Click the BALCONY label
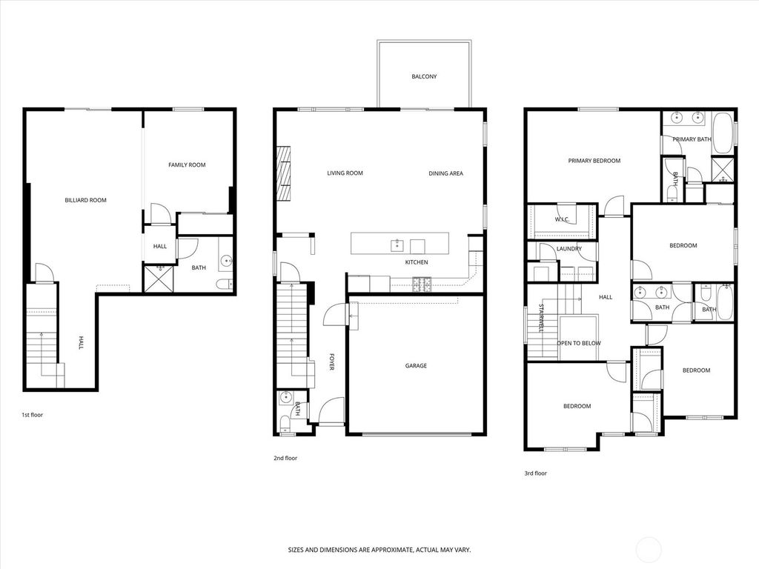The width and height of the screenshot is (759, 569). (424, 76)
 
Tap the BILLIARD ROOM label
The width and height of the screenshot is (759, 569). (85, 200)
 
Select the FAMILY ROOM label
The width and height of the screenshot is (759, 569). (187, 164)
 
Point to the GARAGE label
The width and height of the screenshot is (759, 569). (416, 365)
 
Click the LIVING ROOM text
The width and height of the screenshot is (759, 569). (345, 173)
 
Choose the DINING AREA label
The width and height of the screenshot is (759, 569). (445, 173)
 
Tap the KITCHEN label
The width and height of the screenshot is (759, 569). (416, 262)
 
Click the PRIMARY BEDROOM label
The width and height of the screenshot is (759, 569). (594, 161)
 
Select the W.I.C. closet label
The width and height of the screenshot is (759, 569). (562, 219)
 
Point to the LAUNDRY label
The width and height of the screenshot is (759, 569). (569, 249)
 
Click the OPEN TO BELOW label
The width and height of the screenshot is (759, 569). (579, 343)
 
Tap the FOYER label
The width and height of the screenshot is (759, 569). (331, 362)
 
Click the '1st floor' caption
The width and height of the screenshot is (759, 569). (32, 415)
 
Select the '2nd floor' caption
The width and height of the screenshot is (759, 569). (285, 458)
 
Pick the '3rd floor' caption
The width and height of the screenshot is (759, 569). (536, 473)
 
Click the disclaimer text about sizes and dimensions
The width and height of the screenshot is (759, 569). (379, 550)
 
